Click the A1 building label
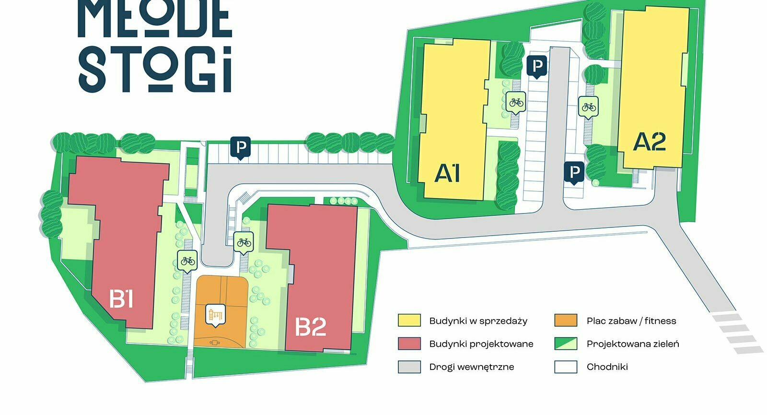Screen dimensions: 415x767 pos(447,173)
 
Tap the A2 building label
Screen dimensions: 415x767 pos(650,142)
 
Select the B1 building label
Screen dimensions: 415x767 pos(121,298)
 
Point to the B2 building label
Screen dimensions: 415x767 pos(311,327)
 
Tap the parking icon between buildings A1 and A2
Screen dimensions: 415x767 pos(537,66)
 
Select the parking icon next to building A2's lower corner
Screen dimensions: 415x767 pos(574,172)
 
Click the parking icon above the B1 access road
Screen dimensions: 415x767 pos(241,147)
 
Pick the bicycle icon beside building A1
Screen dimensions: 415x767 pos(516,102)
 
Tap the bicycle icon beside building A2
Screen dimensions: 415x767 pos(589,107)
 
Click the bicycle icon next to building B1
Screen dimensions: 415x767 pos(187,261)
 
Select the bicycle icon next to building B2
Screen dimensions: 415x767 pos(244,242)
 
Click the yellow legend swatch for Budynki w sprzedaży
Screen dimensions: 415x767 pos(409,320)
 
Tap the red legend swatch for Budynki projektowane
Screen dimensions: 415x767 pos(409,344)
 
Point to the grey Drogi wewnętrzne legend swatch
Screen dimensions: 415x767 pos(409,367)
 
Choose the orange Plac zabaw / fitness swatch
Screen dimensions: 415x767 pos(566,320)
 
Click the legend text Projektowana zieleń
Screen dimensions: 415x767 pos(632,344)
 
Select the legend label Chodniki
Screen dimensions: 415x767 pos(607,367)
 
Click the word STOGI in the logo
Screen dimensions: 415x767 pos(155,69)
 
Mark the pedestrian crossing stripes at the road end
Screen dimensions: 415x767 pos(736,333)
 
